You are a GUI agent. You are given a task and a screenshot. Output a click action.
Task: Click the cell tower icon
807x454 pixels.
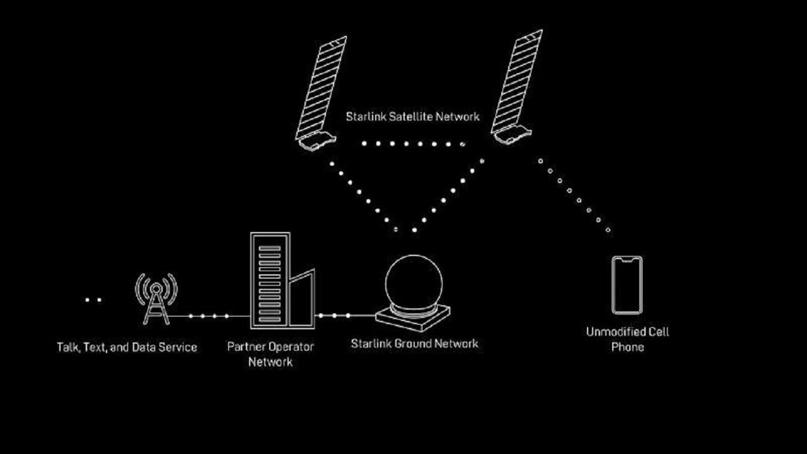pyautogui.click(x=156, y=299)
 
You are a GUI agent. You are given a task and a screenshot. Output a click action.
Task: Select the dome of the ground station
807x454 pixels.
pyautogui.click(x=414, y=284)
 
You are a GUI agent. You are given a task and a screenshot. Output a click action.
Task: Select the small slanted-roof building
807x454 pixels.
pyautogui.click(x=302, y=298)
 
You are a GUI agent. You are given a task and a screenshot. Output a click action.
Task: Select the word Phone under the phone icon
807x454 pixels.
pyautogui.click(x=627, y=347)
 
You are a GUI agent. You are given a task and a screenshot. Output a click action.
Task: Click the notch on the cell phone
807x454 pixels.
pyautogui.click(x=627, y=259)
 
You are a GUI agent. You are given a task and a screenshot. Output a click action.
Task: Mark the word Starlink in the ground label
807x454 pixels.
pyautogui.click(x=371, y=344)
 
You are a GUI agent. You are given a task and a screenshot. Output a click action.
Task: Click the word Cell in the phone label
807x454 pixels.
pyautogui.click(x=659, y=332)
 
